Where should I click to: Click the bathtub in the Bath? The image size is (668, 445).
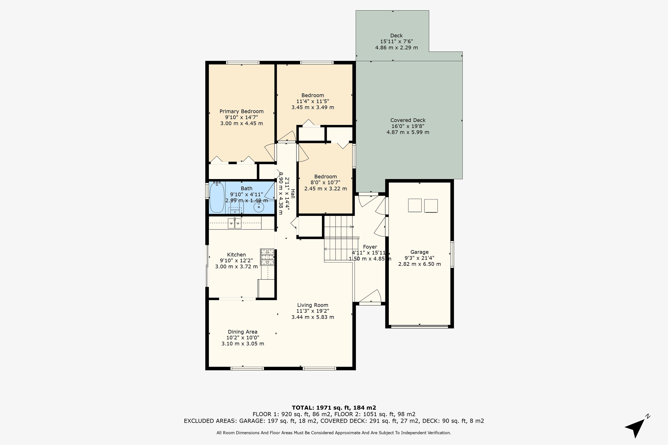coord(217,197)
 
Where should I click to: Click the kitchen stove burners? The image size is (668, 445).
coord(267,257)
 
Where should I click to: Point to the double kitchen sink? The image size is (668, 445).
coord(235,223)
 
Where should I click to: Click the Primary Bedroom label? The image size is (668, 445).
coord(242,111)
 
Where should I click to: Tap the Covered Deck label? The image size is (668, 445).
coord(408,120)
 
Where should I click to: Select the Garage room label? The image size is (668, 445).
coord(419,252)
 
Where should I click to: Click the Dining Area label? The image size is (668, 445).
coord(242,332)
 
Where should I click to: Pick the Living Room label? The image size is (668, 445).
coord(313,305)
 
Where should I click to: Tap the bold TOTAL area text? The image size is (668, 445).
coord(334,408)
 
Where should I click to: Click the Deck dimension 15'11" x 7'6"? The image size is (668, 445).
coord(396,41)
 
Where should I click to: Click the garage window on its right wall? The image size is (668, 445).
coord(452,254)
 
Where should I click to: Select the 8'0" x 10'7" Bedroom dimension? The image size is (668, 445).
coord(325,183)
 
